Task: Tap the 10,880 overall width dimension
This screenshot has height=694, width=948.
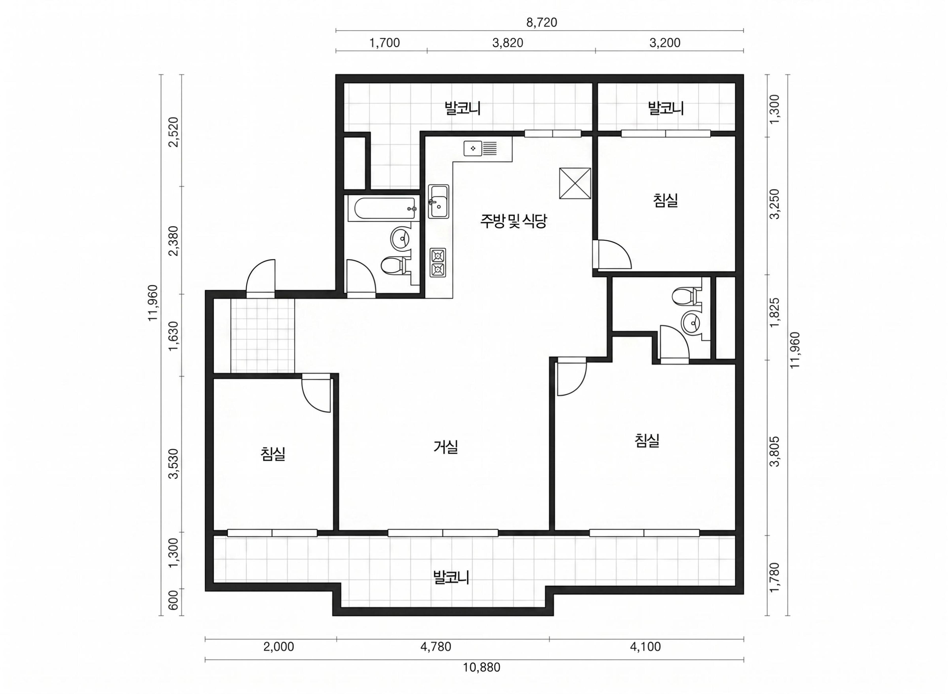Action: pos(481,667)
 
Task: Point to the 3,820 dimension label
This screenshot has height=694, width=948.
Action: pos(508,43)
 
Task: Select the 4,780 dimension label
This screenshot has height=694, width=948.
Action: pos(435,647)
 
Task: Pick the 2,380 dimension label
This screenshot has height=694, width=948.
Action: pos(174,241)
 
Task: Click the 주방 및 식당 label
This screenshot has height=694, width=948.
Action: pos(514,221)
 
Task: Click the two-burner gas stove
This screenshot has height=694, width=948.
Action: pos(438,262)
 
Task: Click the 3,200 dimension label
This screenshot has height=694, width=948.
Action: pos(665,43)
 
